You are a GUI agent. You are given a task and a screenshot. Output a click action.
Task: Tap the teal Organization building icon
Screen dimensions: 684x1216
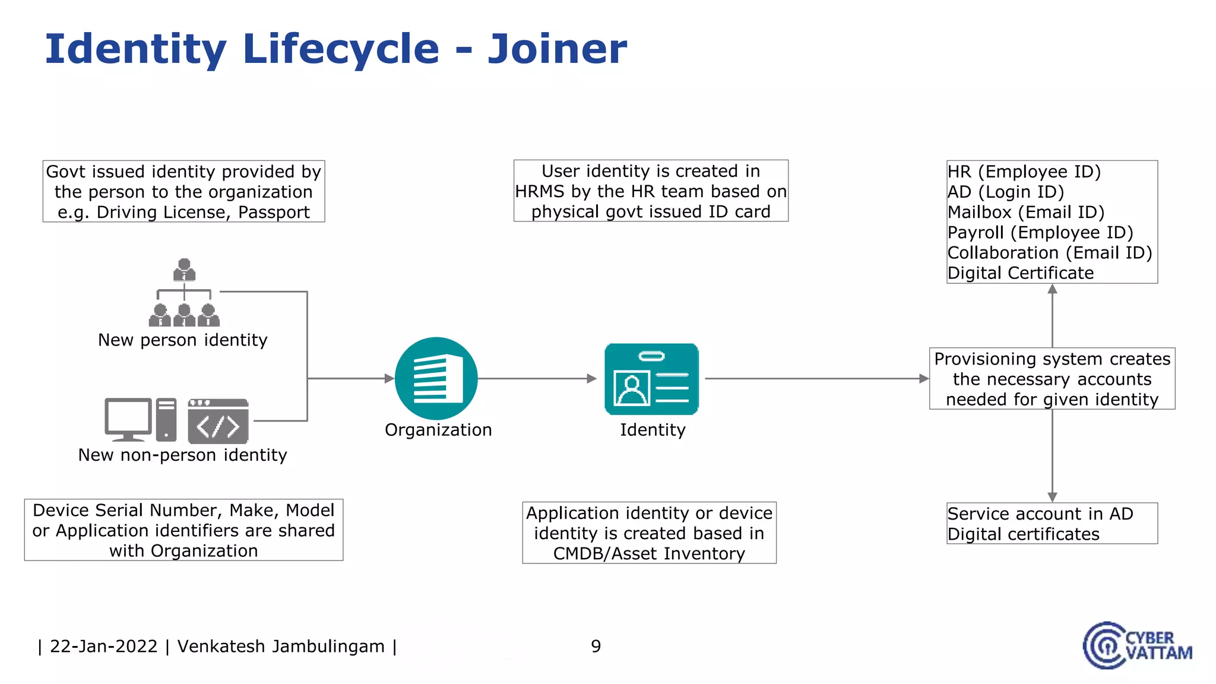point(436,378)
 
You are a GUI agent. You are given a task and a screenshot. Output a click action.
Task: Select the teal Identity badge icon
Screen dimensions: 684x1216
point(651,379)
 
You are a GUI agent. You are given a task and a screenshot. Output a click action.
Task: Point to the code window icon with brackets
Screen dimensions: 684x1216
point(218,422)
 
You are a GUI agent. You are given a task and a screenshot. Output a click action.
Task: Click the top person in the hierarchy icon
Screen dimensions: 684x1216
point(184,270)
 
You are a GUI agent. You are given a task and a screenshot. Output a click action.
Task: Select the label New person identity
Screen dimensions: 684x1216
point(182,340)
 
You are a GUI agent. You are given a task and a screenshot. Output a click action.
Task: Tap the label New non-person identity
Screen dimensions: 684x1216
point(182,455)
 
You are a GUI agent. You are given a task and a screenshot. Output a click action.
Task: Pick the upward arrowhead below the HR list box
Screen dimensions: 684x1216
point(1052,290)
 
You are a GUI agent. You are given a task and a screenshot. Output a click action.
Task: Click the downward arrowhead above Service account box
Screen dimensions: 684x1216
point(1052,496)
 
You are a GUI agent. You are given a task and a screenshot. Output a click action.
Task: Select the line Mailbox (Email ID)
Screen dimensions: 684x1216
point(1025,212)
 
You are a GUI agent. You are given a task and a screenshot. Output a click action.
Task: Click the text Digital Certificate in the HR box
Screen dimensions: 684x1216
point(1020,273)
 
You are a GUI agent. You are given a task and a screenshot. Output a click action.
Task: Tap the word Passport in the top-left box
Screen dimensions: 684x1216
point(274,213)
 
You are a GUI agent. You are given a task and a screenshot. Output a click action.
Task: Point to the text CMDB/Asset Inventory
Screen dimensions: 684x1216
point(649,553)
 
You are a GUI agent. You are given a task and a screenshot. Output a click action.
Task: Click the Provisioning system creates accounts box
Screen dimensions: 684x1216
point(1052,379)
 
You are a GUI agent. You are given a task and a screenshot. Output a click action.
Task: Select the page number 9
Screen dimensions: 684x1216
point(596,646)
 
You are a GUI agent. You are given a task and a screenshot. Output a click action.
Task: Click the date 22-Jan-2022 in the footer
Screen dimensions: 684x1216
point(104,646)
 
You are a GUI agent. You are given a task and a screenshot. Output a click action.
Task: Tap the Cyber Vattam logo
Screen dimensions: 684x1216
point(1136,645)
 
